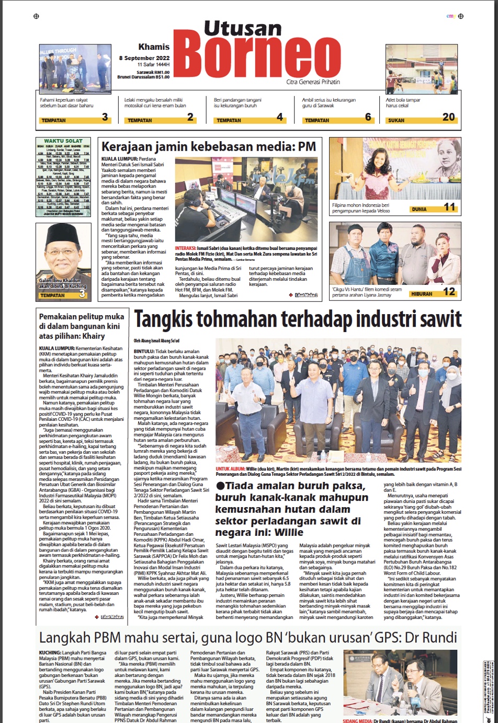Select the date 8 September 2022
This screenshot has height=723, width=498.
tap(144, 58)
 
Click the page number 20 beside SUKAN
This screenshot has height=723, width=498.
tap(448, 117)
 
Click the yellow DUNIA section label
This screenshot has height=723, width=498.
tap(419, 209)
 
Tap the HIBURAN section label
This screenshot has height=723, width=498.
tap(422, 294)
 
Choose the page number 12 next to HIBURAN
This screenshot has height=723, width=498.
tap(449, 292)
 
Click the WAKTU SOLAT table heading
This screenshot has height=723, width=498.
tap(63, 141)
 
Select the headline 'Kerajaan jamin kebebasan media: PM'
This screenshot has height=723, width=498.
tap(209, 147)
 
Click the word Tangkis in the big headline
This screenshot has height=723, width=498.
tap(164, 319)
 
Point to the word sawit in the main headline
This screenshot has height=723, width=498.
tap(443, 319)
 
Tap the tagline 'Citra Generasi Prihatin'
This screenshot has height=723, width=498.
tap(313, 82)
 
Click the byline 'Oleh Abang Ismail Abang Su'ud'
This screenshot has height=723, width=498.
tap(156, 341)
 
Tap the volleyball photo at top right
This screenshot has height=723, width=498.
tap(422, 68)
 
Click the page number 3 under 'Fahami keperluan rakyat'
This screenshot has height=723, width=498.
tap(105, 117)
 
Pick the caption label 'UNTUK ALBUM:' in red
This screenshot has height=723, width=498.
tap(230, 469)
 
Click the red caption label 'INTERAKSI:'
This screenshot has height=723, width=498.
tap(185, 248)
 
